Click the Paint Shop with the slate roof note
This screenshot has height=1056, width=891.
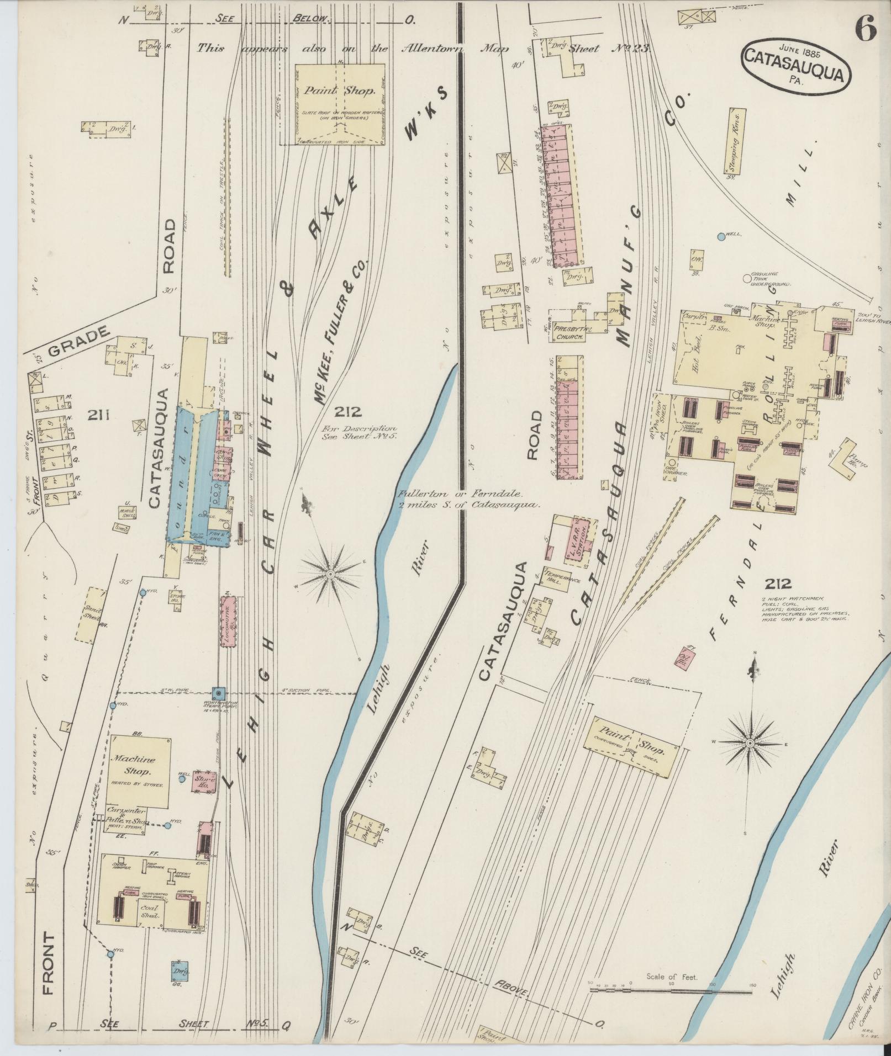(339, 103)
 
